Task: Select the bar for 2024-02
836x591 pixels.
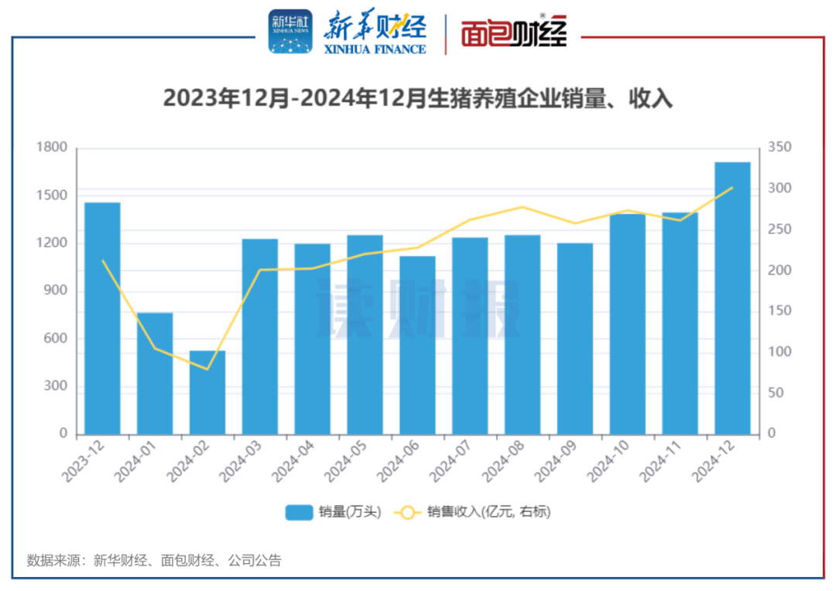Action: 207,392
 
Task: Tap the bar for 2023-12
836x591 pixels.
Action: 102,318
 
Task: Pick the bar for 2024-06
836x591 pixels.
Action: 417,345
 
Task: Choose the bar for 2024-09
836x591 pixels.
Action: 575,338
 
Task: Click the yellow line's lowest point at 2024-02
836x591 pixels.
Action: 207,369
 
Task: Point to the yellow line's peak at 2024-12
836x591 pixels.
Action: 732,188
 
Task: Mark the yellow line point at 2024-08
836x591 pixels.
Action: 522,207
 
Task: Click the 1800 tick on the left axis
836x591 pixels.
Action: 52,148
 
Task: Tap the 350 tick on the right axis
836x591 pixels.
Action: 776,148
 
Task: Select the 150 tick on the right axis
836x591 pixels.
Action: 776,311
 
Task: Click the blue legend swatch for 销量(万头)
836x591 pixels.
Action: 299,512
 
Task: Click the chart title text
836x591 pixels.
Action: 418,99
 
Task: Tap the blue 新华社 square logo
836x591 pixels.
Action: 290,32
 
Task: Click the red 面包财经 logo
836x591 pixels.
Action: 514,32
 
